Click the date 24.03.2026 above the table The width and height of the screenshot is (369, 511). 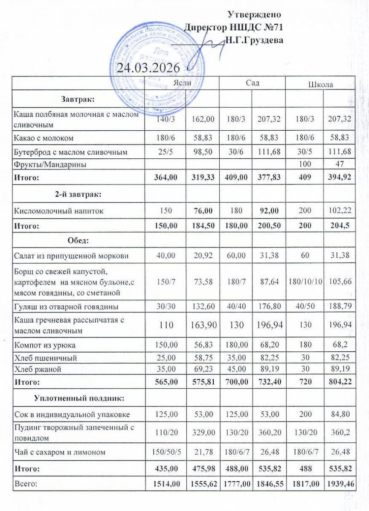point(149,68)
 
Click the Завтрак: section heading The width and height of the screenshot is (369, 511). point(78,99)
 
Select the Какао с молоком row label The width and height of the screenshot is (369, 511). point(44,138)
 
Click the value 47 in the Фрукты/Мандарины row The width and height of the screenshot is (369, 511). point(339,164)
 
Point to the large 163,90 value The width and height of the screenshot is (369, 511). point(203,325)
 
